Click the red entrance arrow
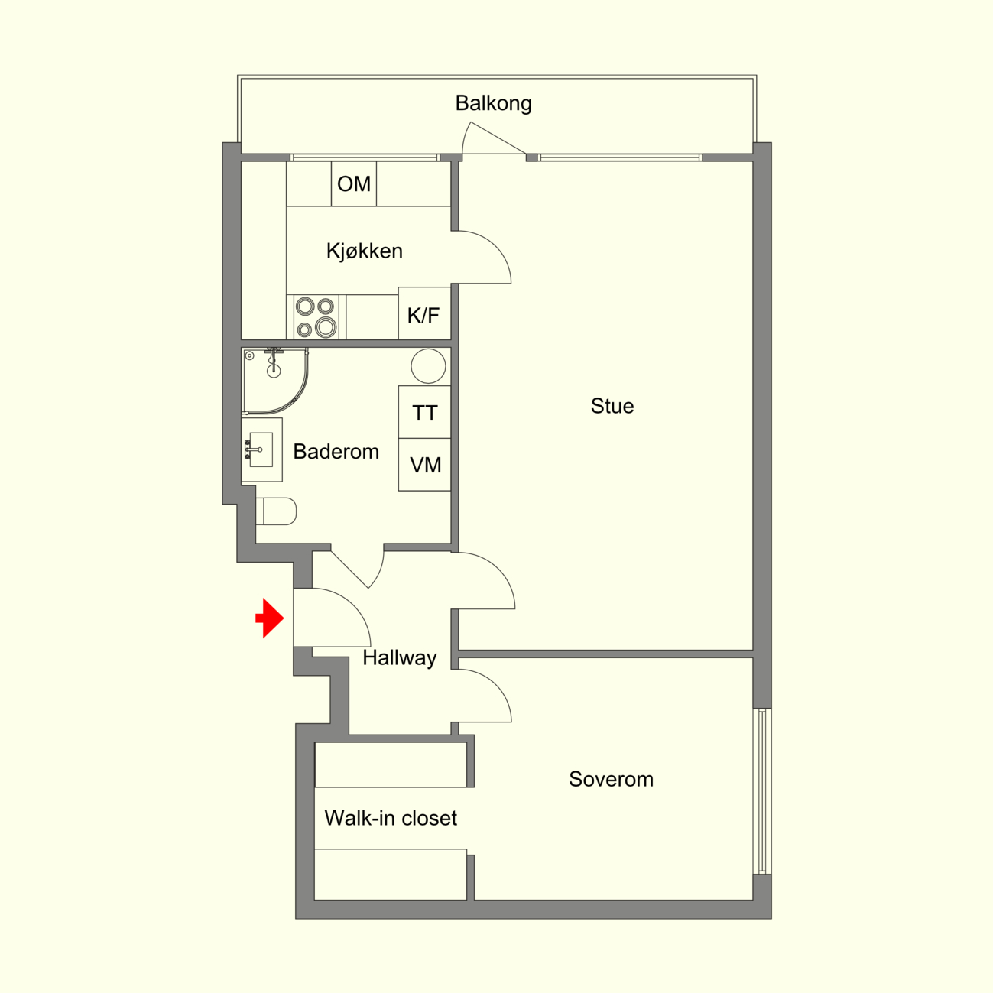coord(270,618)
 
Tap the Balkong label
coord(493,103)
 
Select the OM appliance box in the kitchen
coord(353,183)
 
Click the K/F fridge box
coord(424,313)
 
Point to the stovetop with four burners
coord(316,317)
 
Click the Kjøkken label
coord(365,251)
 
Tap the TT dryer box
coord(424,412)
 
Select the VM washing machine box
coord(424,465)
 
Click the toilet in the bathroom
coord(276,511)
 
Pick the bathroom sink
coord(261,449)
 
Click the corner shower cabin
coord(274,381)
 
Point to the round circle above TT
coord(428,366)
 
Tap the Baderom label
coord(336,452)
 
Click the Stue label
coord(612,406)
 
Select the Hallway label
coord(399,658)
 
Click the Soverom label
coord(611,779)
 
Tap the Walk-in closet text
coord(391,818)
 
